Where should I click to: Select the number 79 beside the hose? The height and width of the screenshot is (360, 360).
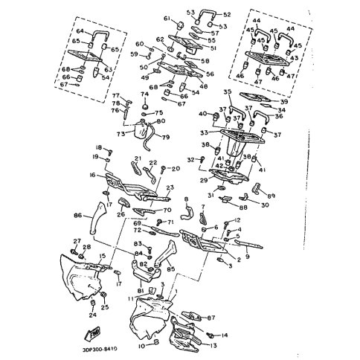[166, 136]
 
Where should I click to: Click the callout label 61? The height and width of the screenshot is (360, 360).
[147, 19]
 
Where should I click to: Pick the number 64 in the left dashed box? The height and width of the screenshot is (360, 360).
[80, 31]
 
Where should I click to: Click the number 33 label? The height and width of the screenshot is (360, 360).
[204, 133]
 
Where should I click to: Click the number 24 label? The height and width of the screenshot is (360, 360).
[91, 315]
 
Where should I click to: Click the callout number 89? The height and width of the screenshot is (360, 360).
[271, 196]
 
